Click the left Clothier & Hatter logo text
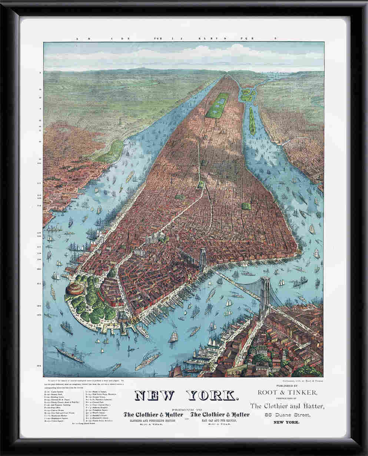coord(153,414)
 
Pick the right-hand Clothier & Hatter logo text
coord(220,414)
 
